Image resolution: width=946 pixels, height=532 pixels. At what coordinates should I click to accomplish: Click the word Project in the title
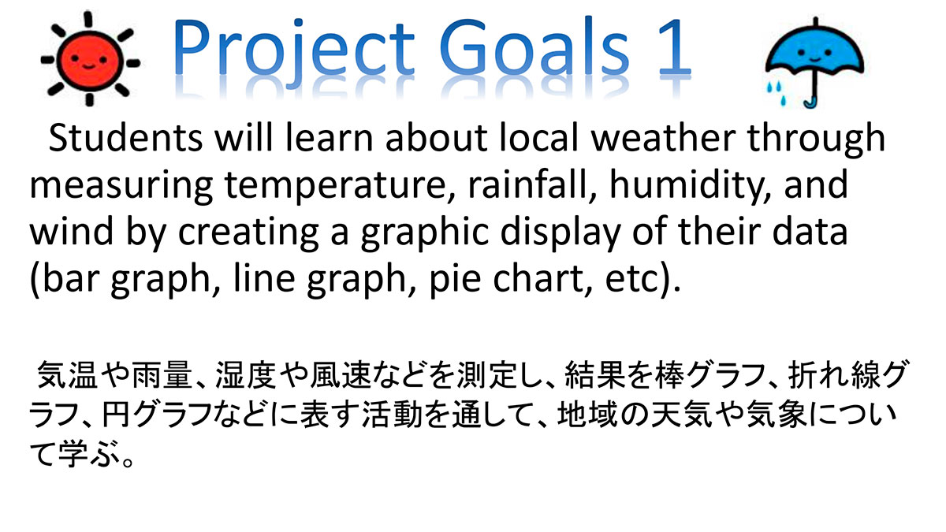pyautogui.click(x=293, y=50)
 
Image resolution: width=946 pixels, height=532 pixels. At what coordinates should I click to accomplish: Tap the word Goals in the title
pyautogui.click(x=534, y=47)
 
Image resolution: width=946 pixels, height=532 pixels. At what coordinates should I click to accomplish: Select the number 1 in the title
pyautogui.click(x=675, y=47)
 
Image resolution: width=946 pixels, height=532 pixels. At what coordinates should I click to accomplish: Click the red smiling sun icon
pyautogui.click(x=90, y=59)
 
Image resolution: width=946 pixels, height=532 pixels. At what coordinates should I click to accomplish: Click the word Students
pyautogui.click(x=125, y=138)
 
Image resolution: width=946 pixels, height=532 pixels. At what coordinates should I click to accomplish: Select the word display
pyautogui.click(x=561, y=233)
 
